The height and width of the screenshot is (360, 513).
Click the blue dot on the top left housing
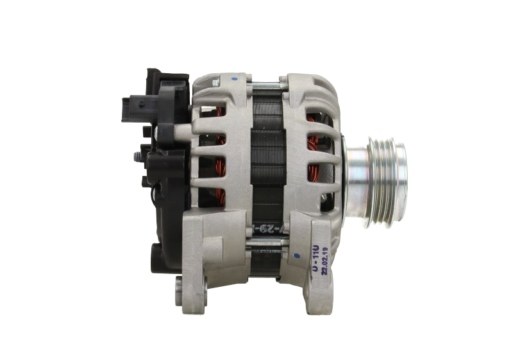233,80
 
